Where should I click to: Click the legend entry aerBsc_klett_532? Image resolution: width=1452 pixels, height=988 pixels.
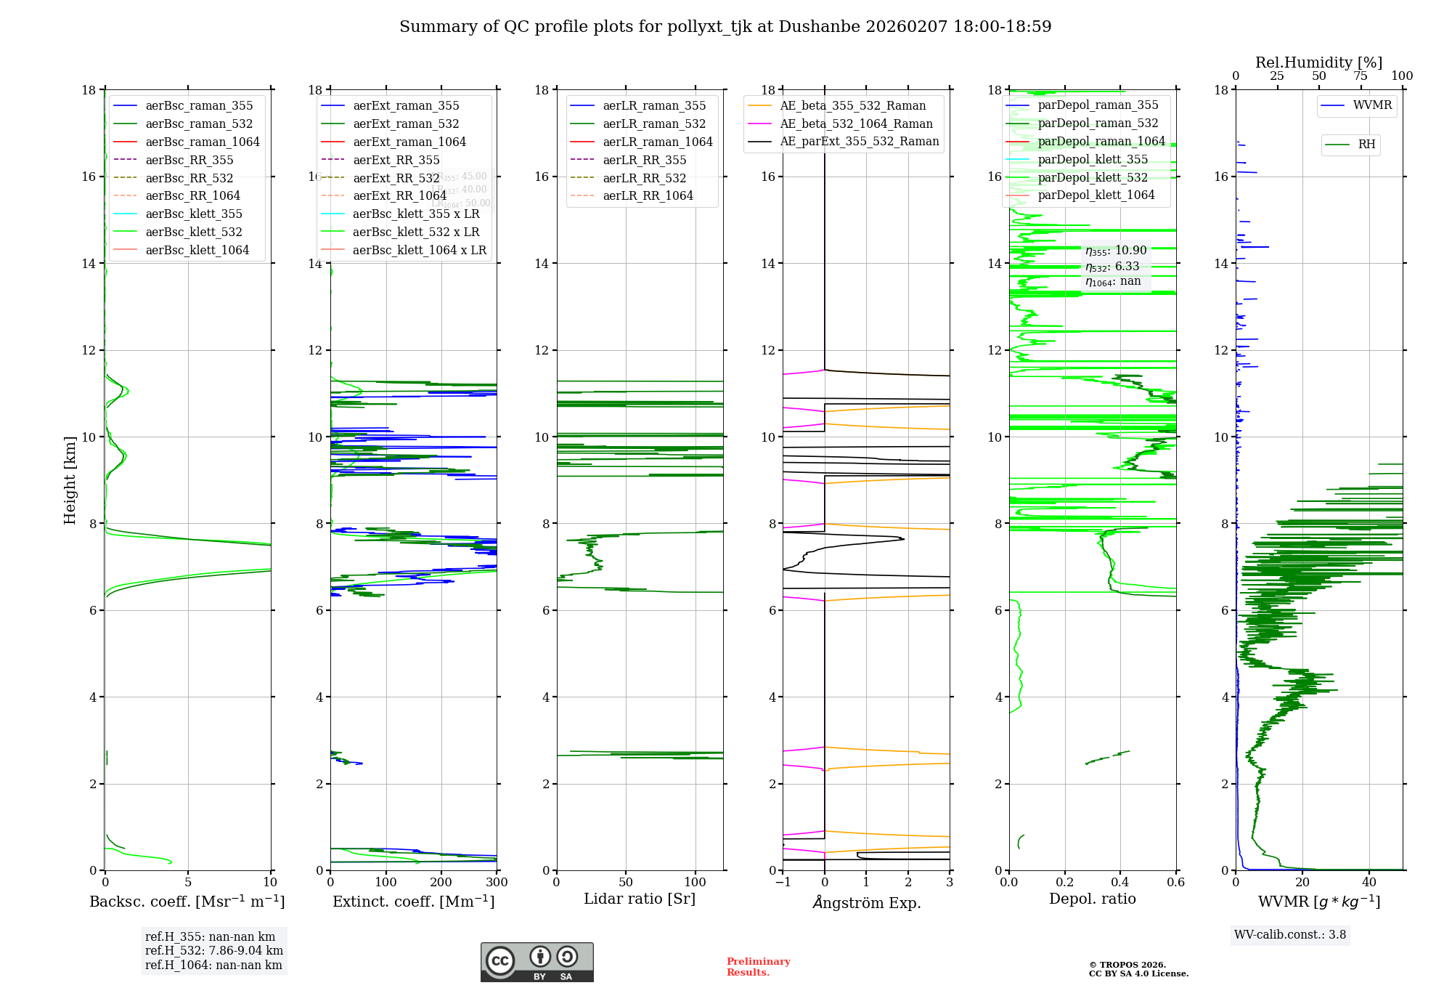193,232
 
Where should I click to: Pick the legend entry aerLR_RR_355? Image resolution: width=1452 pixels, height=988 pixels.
644,161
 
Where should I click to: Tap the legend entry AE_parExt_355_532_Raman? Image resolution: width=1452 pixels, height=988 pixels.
859,142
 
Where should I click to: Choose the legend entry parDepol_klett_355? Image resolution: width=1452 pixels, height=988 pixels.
1093,160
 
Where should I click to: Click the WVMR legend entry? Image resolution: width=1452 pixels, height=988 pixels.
1372,105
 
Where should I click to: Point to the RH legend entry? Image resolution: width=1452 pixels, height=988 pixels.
1366,145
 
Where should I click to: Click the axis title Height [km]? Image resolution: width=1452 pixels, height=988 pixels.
70,480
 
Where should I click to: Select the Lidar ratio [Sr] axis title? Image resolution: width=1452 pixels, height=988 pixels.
640,899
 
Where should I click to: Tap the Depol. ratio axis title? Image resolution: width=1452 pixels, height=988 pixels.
1092,899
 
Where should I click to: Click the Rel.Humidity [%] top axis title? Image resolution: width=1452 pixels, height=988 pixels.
1318,62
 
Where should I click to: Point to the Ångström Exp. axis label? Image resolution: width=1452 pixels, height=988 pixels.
866,903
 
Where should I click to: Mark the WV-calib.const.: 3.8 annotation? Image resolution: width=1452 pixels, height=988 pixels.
1290,935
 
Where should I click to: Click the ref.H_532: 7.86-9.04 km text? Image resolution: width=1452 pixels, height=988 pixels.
214,951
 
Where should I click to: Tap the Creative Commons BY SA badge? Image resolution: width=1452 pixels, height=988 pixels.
537,963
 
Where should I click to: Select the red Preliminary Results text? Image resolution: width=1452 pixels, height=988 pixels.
758,967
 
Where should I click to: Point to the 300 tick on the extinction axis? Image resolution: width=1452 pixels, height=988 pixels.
497,883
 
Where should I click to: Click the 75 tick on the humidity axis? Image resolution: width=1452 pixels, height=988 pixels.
1361,76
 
